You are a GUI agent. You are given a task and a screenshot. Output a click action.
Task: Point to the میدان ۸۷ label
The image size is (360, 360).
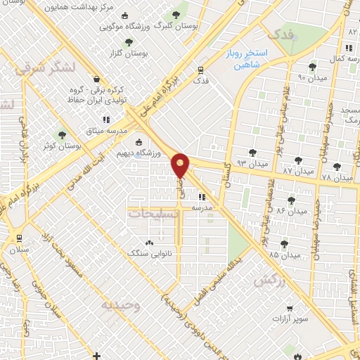[296, 171]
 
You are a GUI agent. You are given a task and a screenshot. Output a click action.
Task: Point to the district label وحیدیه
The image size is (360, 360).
[121, 307]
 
